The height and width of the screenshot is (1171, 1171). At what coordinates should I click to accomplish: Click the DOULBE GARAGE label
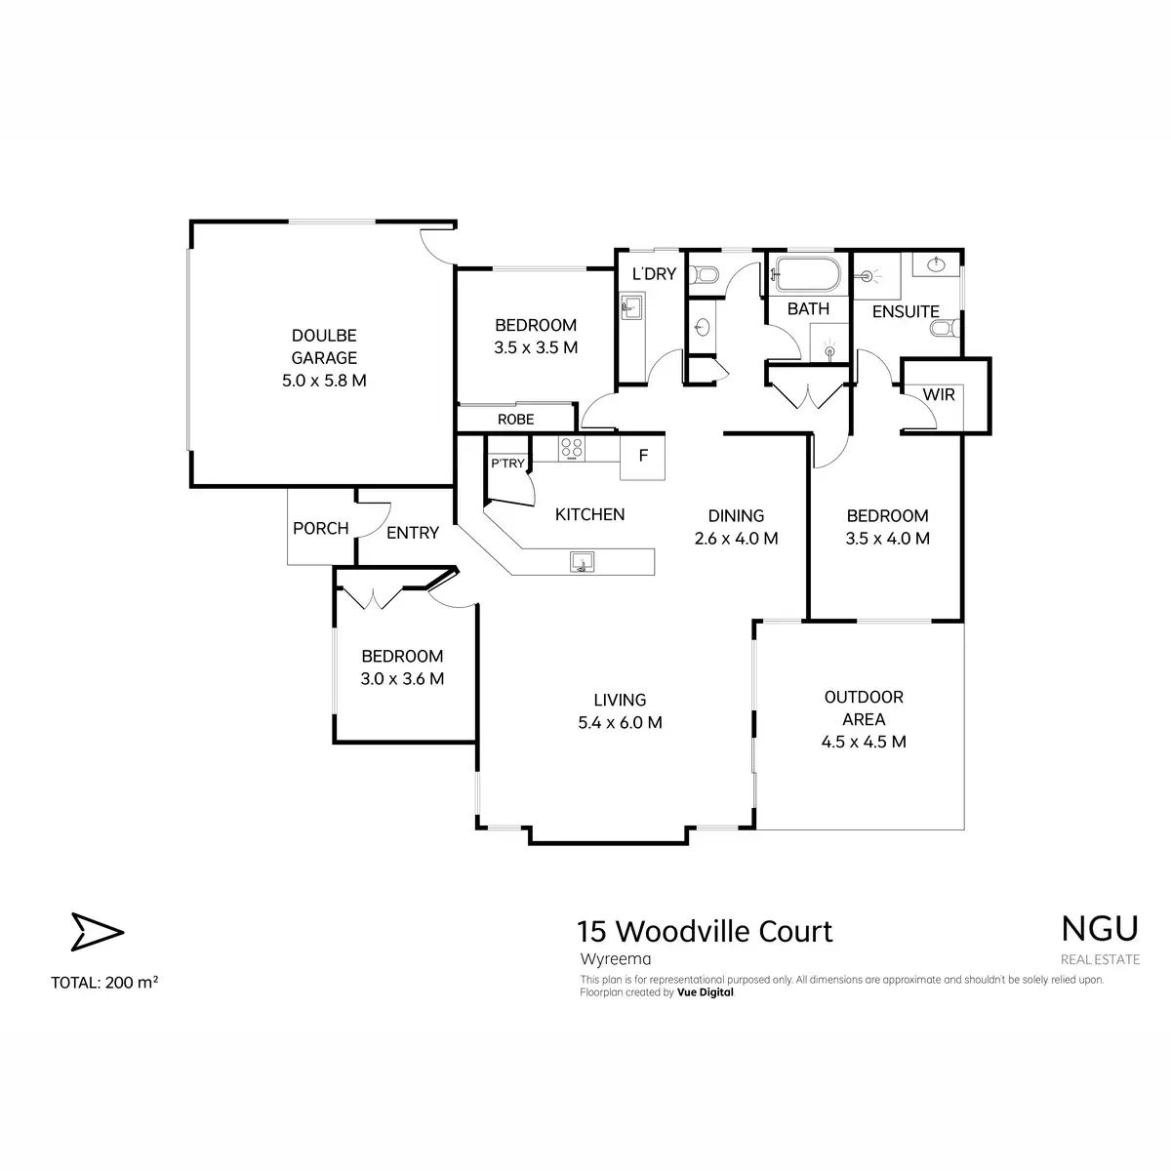pyautogui.click(x=324, y=346)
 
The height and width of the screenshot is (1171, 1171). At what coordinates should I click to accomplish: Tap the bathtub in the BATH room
pyautogui.click(x=808, y=274)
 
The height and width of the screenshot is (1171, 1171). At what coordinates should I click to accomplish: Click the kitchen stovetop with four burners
pyautogui.click(x=571, y=449)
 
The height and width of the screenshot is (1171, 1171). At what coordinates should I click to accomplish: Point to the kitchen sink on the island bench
pyautogui.click(x=582, y=561)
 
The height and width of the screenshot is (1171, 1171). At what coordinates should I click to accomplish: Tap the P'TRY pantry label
pyautogui.click(x=507, y=464)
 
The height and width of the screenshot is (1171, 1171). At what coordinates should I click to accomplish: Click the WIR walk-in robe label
pyautogui.click(x=938, y=394)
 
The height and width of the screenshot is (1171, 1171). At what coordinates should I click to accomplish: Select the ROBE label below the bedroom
pyautogui.click(x=515, y=419)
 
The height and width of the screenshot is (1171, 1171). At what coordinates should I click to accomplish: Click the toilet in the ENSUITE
pyautogui.click(x=945, y=329)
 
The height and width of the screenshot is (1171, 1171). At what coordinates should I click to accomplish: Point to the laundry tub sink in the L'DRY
pyautogui.click(x=631, y=305)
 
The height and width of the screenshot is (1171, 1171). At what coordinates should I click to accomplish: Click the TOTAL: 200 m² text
pyautogui.click(x=104, y=983)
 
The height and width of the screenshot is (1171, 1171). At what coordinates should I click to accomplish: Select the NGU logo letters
pyautogui.click(x=1100, y=929)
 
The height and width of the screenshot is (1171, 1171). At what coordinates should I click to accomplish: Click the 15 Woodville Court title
pyautogui.click(x=705, y=931)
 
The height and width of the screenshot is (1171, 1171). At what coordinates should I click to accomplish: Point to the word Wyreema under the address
pyautogui.click(x=615, y=959)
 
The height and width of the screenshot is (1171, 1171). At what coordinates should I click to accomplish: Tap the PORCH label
pyautogui.click(x=320, y=528)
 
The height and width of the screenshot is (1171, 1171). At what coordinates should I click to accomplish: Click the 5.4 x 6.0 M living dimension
pyautogui.click(x=620, y=722)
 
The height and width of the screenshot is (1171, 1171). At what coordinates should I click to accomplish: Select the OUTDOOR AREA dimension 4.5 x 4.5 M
pyautogui.click(x=864, y=742)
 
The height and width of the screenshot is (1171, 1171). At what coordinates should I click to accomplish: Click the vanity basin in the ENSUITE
pyautogui.click(x=936, y=263)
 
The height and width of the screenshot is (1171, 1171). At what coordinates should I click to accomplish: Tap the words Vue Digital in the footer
pyautogui.click(x=705, y=992)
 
